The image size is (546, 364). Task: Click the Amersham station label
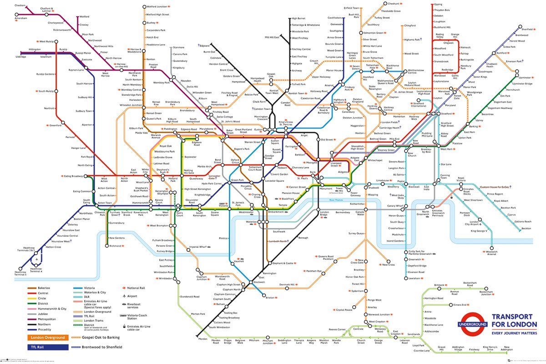tap(20, 18)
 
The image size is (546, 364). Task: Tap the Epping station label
tap(438, 5)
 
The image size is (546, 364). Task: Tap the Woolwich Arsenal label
tap(491, 253)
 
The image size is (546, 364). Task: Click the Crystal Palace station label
tap(344, 310)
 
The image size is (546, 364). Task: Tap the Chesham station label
tap(20, 5)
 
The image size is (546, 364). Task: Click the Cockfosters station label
tap(334, 18)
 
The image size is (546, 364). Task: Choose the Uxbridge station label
tap(21, 57)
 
